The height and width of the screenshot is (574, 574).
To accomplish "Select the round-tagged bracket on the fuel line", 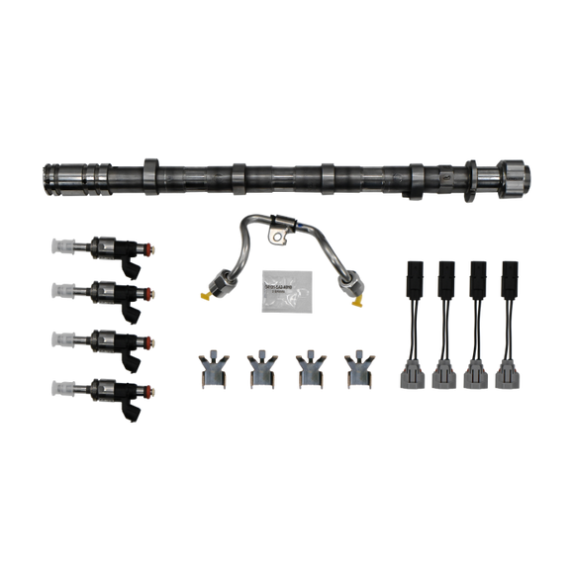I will tap(278, 239).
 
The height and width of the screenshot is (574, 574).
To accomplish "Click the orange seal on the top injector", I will tap(145, 246).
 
